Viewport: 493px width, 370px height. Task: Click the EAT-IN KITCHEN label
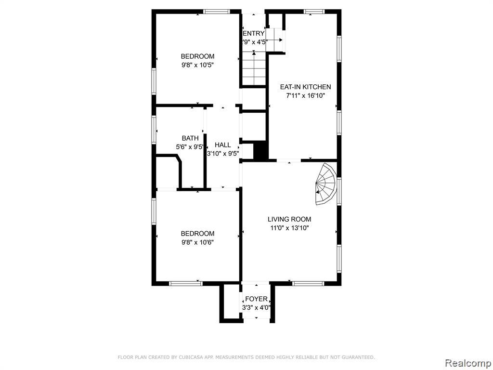tap(305, 87)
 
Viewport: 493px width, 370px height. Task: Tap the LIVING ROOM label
tap(289, 219)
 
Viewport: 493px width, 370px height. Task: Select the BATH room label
tap(190, 138)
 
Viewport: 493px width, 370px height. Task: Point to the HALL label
tap(222, 145)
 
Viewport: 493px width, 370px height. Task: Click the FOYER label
tap(256, 299)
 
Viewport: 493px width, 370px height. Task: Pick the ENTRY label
tap(254, 34)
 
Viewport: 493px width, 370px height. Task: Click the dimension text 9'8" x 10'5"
tap(197, 65)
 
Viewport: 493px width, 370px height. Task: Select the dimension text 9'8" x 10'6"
tap(197, 242)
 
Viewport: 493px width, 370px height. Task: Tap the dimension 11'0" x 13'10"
tap(289, 228)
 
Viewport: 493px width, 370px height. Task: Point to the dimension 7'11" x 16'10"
tap(305, 96)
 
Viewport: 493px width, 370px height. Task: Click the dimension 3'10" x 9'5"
tap(222, 154)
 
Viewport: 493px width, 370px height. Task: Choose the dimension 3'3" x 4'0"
tap(256, 308)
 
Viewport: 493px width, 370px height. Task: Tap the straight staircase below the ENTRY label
tap(254, 68)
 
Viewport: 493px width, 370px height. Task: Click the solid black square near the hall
tap(260, 151)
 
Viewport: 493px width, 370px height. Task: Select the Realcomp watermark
tap(468, 363)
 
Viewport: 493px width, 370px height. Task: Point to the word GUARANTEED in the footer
tap(358, 357)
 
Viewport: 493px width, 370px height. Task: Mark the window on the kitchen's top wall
tap(314, 12)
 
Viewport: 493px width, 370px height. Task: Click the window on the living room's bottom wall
tap(308, 283)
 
